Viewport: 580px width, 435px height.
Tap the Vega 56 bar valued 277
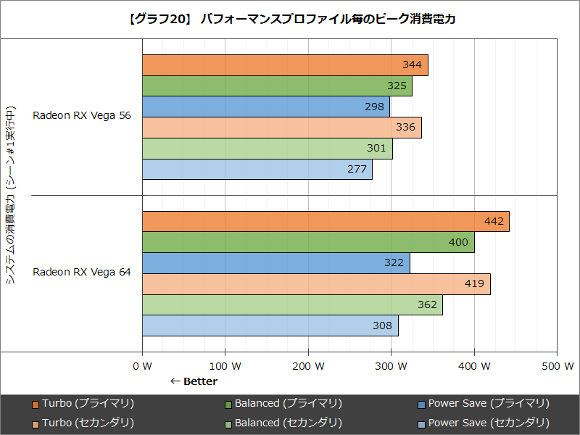[257, 170]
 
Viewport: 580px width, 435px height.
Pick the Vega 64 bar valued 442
[326, 222]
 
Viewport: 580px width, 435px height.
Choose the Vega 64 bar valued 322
[276, 263]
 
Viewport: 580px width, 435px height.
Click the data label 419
[474, 284]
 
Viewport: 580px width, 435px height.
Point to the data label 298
[374, 107]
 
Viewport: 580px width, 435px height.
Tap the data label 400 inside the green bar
[458, 242]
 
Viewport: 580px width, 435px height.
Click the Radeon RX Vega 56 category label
[82, 115]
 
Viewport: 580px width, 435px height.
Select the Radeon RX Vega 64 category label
[82, 272]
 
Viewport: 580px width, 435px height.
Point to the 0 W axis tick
[142, 366]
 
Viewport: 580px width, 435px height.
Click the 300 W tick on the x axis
[391, 366]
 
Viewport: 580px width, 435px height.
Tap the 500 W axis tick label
[558, 366]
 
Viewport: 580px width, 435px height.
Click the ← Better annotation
[194, 381]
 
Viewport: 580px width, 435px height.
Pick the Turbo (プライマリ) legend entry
[83, 403]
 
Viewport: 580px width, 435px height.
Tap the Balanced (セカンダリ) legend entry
[283, 423]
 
